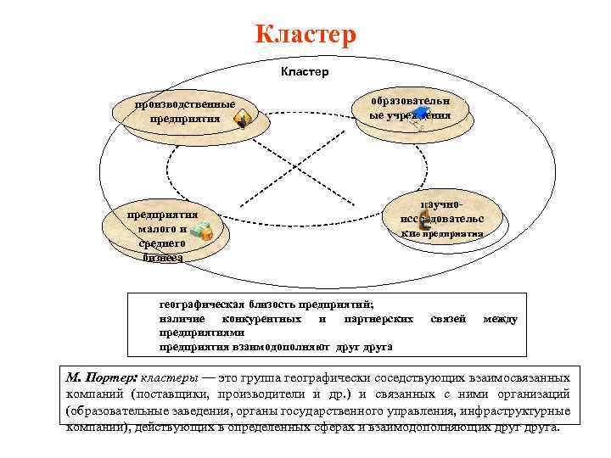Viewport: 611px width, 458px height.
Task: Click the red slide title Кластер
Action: [305, 35]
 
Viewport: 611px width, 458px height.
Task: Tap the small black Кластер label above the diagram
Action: [304, 72]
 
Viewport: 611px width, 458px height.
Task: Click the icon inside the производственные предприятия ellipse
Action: [242, 120]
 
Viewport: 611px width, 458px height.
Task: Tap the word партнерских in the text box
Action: [379, 319]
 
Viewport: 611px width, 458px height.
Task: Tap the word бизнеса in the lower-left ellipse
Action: [162, 257]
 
